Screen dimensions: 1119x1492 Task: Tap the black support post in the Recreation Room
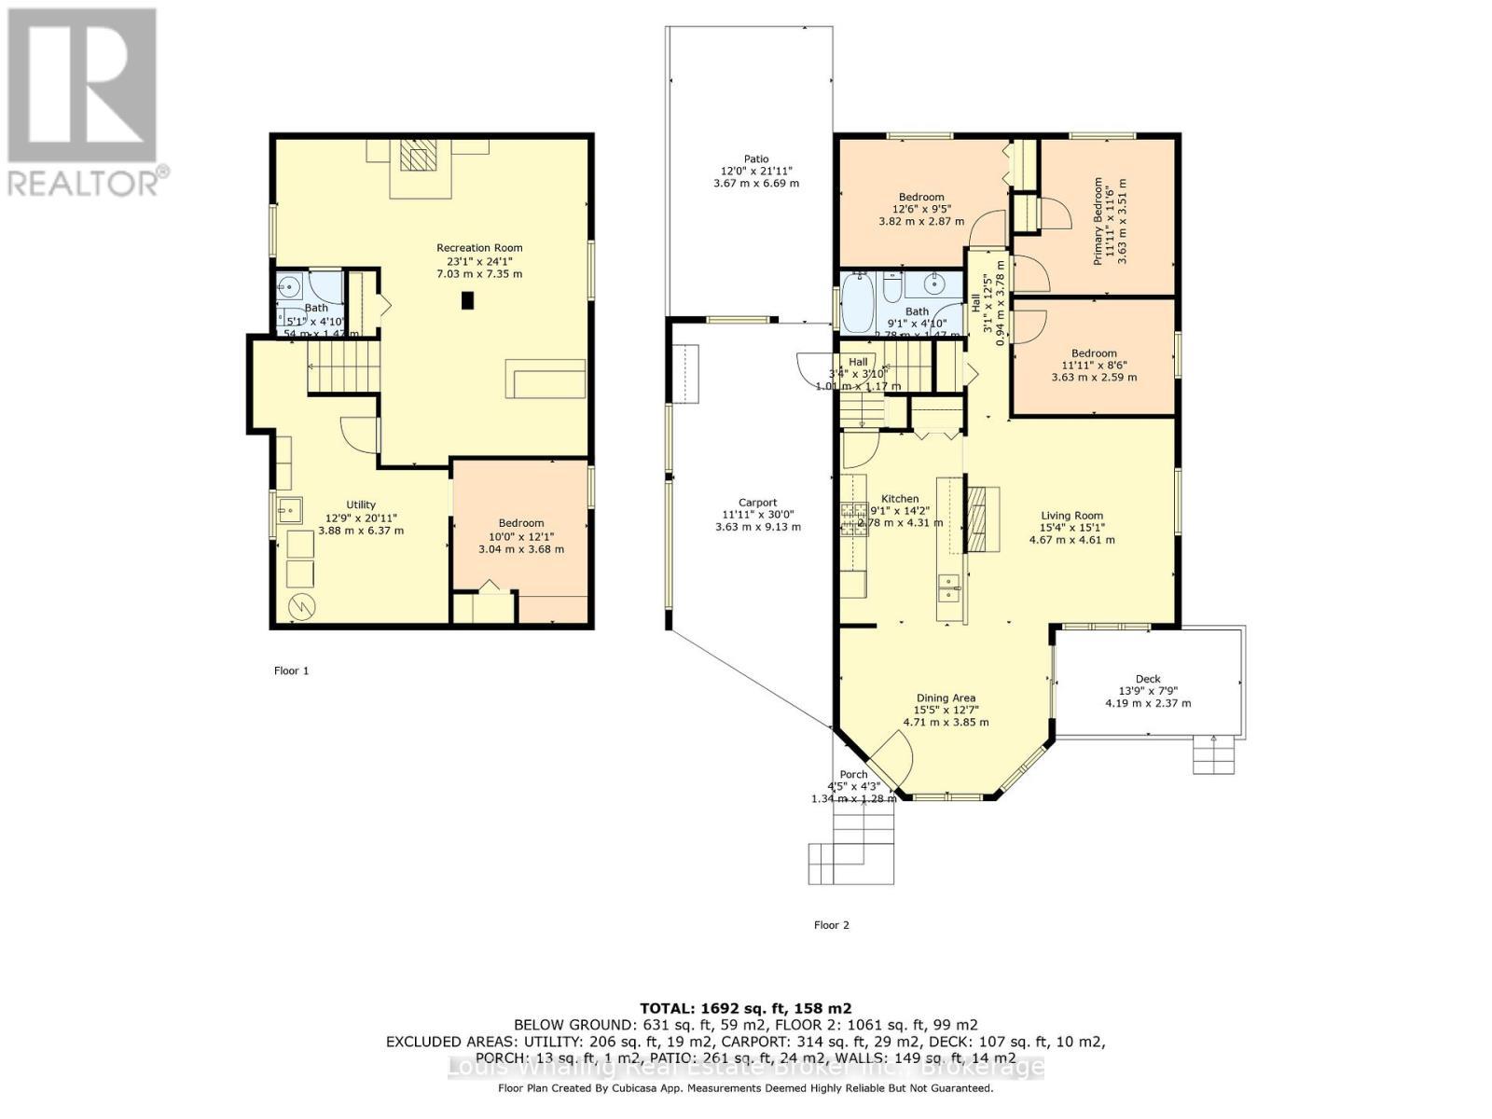[468, 300]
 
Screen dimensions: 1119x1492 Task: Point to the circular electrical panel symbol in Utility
[300, 606]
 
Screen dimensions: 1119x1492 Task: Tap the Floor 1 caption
[291, 670]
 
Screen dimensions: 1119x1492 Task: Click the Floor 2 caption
[832, 925]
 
